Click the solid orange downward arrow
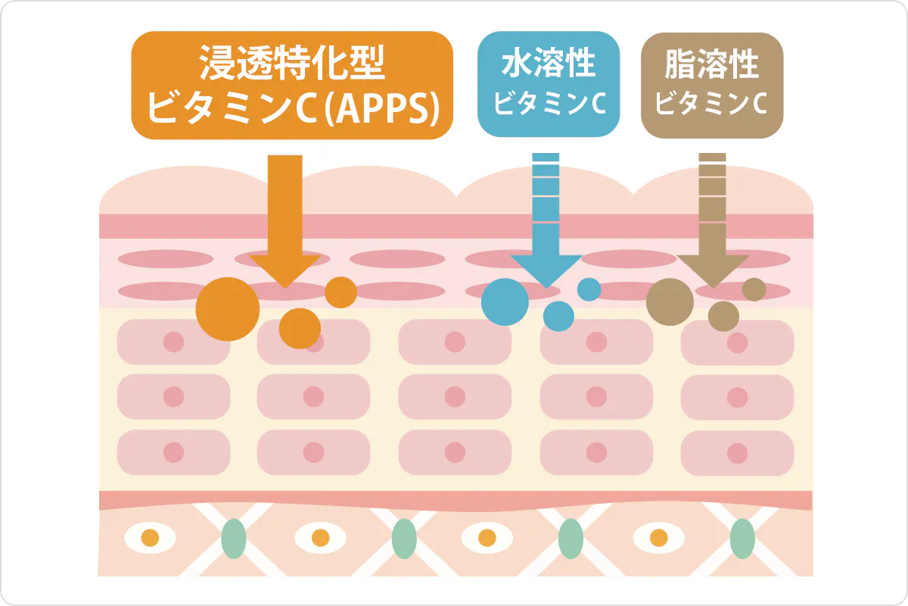coord(285,227)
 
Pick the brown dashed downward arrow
coord(712,227)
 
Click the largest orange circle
coord(228,309)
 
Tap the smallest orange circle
coord(341,292)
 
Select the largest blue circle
coord(505,301)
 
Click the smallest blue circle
coord(589,289)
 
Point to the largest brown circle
coord(670,301)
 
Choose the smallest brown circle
coord(754,289)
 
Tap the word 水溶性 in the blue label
coord(549,64)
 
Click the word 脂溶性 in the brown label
coord(711,64)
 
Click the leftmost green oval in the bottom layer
coord(234,539)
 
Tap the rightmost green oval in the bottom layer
coord(742,539)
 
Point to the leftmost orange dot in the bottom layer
coord(150,539)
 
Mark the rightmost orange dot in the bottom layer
coord(659,539)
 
